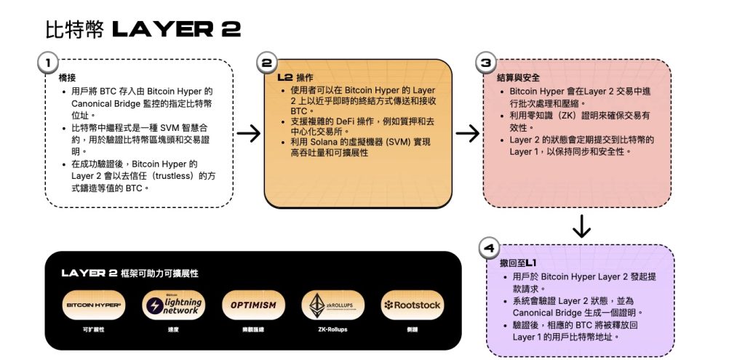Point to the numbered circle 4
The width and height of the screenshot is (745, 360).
coord(489,248)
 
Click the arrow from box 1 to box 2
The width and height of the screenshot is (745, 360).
coord(249,133)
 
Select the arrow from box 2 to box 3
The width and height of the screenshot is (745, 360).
coord(467,133)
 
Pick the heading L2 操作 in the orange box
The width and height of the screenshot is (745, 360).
coord(295,77)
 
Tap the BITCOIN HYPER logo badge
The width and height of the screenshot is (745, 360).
coord(94,305)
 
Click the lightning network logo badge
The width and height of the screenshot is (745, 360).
coord(173,305)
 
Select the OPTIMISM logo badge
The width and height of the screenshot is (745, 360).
coord(253,305)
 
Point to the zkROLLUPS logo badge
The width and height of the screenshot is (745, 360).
coord(332,305)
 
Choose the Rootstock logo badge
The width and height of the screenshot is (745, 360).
coord(412,305)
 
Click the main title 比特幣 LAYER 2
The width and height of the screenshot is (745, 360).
coord(143,30)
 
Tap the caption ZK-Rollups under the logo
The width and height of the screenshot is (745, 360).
coord(332,329)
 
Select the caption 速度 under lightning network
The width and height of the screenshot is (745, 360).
coord(173,329)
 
